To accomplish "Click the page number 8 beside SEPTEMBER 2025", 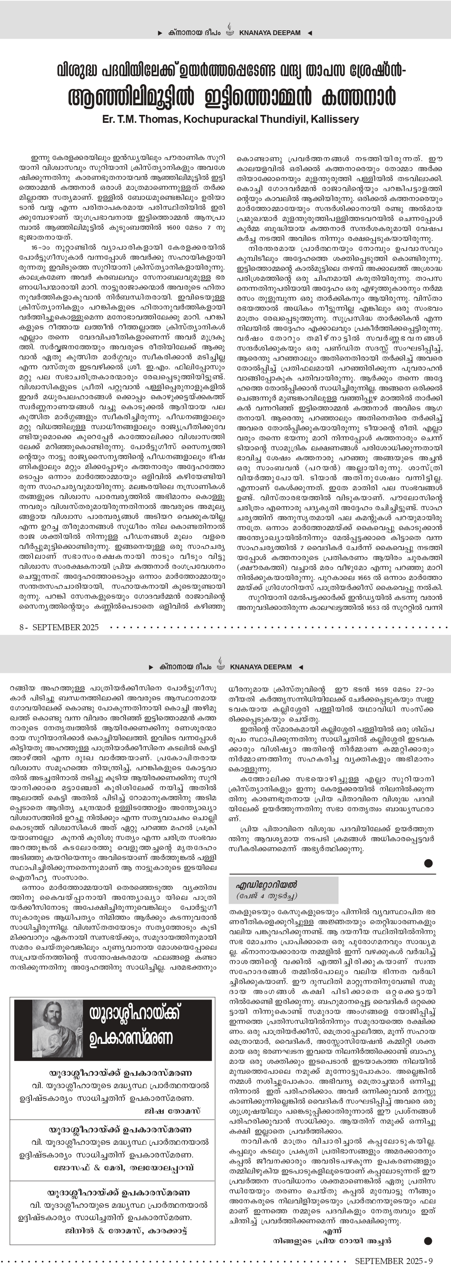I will tap(22, 627).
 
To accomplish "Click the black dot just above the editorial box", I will tap(428, 864).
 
